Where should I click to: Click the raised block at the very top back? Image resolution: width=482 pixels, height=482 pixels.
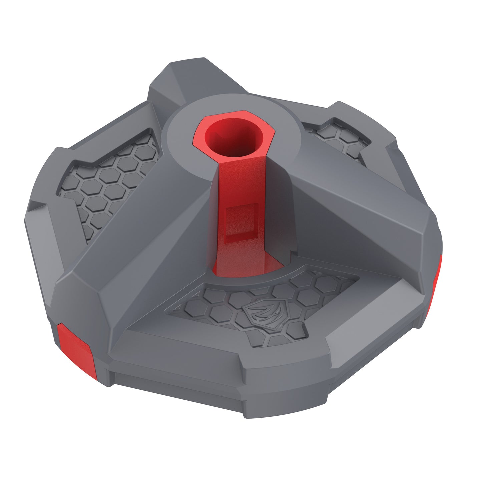[x=197, y=77]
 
